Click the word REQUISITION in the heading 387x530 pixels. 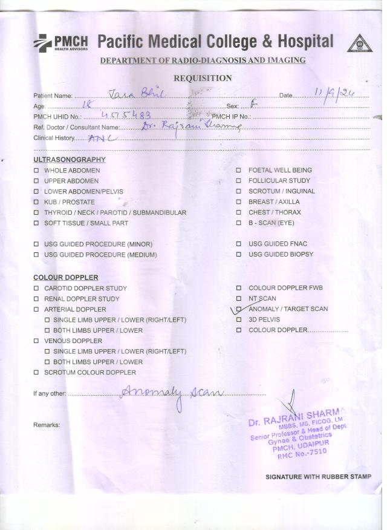tap(203, 78)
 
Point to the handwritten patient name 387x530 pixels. tap(136, 93)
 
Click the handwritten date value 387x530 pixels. tap(333, 93)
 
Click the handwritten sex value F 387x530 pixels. tap(253, 105)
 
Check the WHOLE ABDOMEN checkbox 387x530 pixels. tap(36, 171)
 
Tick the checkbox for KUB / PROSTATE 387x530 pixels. tap(36, 202)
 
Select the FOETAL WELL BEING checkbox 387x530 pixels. tap(239, 171)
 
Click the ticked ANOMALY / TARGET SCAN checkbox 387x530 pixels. tap(239, 309)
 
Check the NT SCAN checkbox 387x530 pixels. tap(239, 299)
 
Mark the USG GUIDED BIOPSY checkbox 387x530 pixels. tap(239, 255)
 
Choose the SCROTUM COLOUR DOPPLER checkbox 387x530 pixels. tap(36, 373)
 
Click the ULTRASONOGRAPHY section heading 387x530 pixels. tap(69, 160)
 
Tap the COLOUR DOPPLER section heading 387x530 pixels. tap(65, 278)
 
